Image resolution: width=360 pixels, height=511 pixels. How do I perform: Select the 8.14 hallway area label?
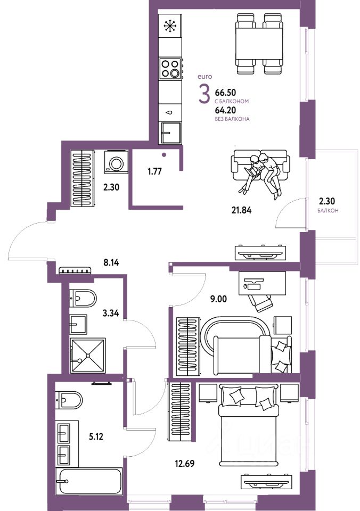coord(113,262)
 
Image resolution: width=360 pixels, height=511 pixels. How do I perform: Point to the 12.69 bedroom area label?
coord(184,463)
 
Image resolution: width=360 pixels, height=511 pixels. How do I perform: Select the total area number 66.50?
coord(225,93)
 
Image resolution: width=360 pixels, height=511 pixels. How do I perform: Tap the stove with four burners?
coord(170,69)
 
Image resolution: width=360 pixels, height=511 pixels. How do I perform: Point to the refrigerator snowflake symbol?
coord(170,25)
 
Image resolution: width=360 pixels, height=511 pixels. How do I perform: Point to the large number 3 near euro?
coord(204,95)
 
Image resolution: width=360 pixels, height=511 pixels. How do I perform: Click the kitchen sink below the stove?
coord(171,130)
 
